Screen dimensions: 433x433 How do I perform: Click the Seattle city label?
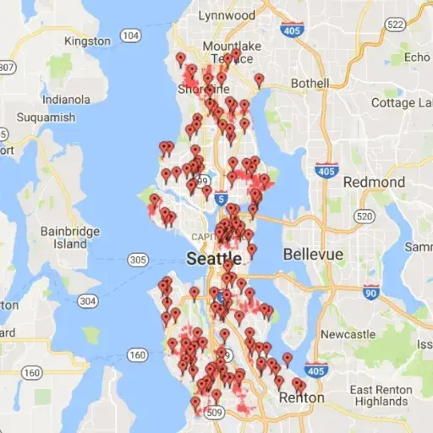213,257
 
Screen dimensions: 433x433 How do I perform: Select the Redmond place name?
375,182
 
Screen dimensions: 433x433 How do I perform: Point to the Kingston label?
87,41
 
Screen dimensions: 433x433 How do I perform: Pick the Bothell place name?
310,84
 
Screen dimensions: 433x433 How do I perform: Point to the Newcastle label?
348,334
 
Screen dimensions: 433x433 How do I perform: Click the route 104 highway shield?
130,36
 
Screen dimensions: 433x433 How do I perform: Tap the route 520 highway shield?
364,216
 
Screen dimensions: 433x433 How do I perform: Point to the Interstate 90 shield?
370,293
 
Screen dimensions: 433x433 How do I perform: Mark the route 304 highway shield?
86,300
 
